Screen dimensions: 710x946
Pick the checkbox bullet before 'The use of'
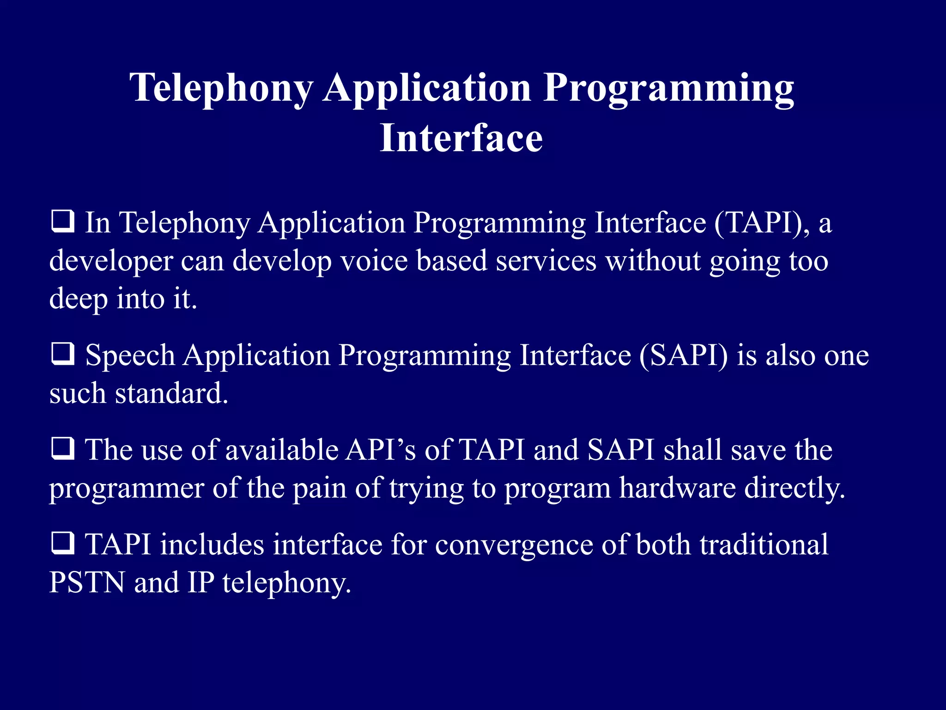62,449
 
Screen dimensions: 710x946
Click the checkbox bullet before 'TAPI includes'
62,544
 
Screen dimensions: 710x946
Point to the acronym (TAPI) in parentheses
762,223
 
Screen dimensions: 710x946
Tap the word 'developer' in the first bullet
111,262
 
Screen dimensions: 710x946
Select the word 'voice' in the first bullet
374,261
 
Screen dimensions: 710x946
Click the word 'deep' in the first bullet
78,300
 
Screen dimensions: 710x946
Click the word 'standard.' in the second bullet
171,394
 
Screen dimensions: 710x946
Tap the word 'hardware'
677,488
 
